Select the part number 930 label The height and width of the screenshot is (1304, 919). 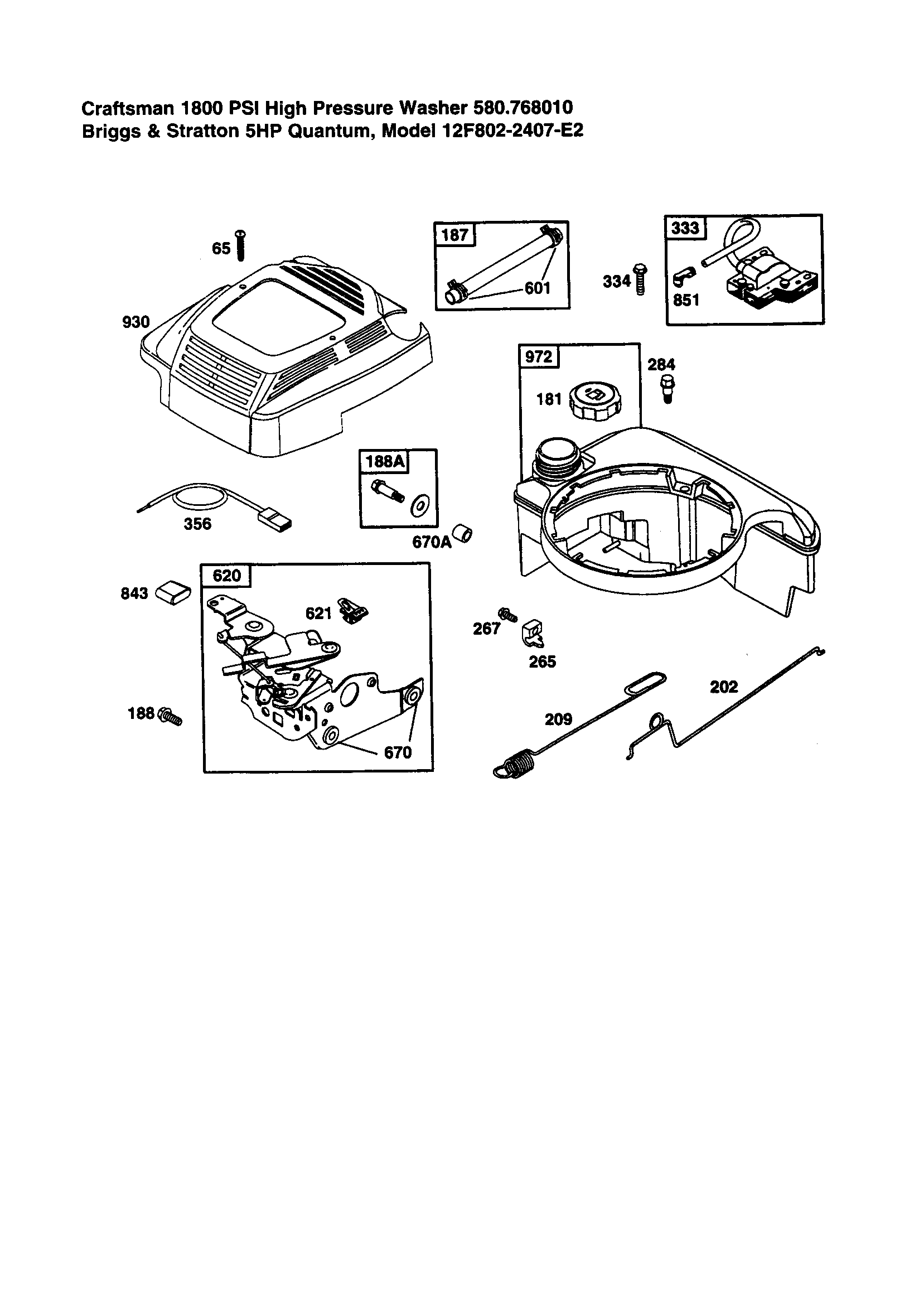pos(136,322)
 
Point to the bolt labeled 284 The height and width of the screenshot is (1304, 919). pos(668,389)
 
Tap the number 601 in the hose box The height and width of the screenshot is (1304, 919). pos(538,288)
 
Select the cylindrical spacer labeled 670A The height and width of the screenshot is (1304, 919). pos(465,534)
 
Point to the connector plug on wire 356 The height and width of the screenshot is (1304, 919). pos(277,521)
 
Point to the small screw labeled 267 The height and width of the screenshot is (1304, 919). pos(507,614)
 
